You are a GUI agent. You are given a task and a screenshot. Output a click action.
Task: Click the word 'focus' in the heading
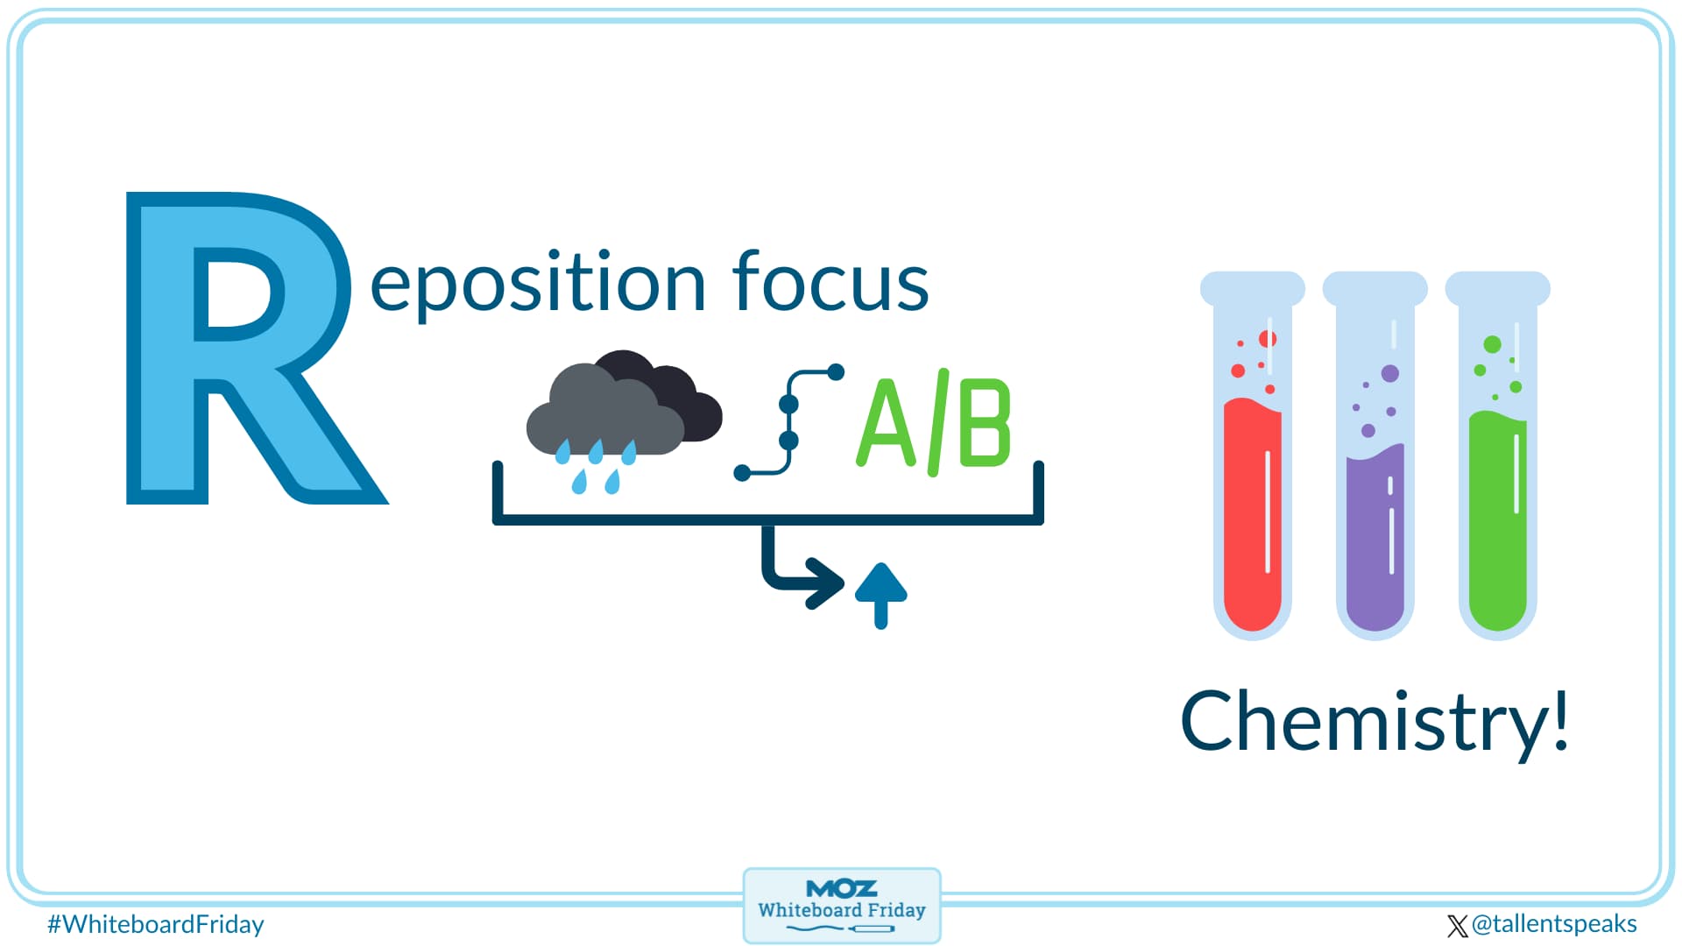[x=830, y=282]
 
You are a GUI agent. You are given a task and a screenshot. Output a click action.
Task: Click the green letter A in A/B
[x=887, y=424]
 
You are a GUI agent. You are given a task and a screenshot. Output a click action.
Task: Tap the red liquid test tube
[x=1252, y=517]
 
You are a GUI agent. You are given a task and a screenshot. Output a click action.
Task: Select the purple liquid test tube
[x=1375, y=534]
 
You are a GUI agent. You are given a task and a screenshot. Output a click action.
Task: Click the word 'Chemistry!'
[x=1374, y=722]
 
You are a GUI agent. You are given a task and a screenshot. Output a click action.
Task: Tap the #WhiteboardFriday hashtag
[x=156, y=924]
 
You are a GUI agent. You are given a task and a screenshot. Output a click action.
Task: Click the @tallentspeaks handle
[x=1554, y=924]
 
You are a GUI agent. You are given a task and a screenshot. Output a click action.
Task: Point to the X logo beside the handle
[x=1457, y=926]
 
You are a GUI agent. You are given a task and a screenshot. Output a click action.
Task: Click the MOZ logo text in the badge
[x=841, y=888]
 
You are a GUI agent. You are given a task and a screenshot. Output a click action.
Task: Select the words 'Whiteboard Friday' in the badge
[x=841, y=910]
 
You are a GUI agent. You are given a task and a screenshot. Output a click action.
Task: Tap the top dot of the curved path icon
[x=836, y=372]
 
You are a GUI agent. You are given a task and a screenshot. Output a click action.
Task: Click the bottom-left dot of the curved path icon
[x=742, y=473]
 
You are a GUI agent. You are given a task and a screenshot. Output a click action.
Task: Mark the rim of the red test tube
[x=1252, y=287]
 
